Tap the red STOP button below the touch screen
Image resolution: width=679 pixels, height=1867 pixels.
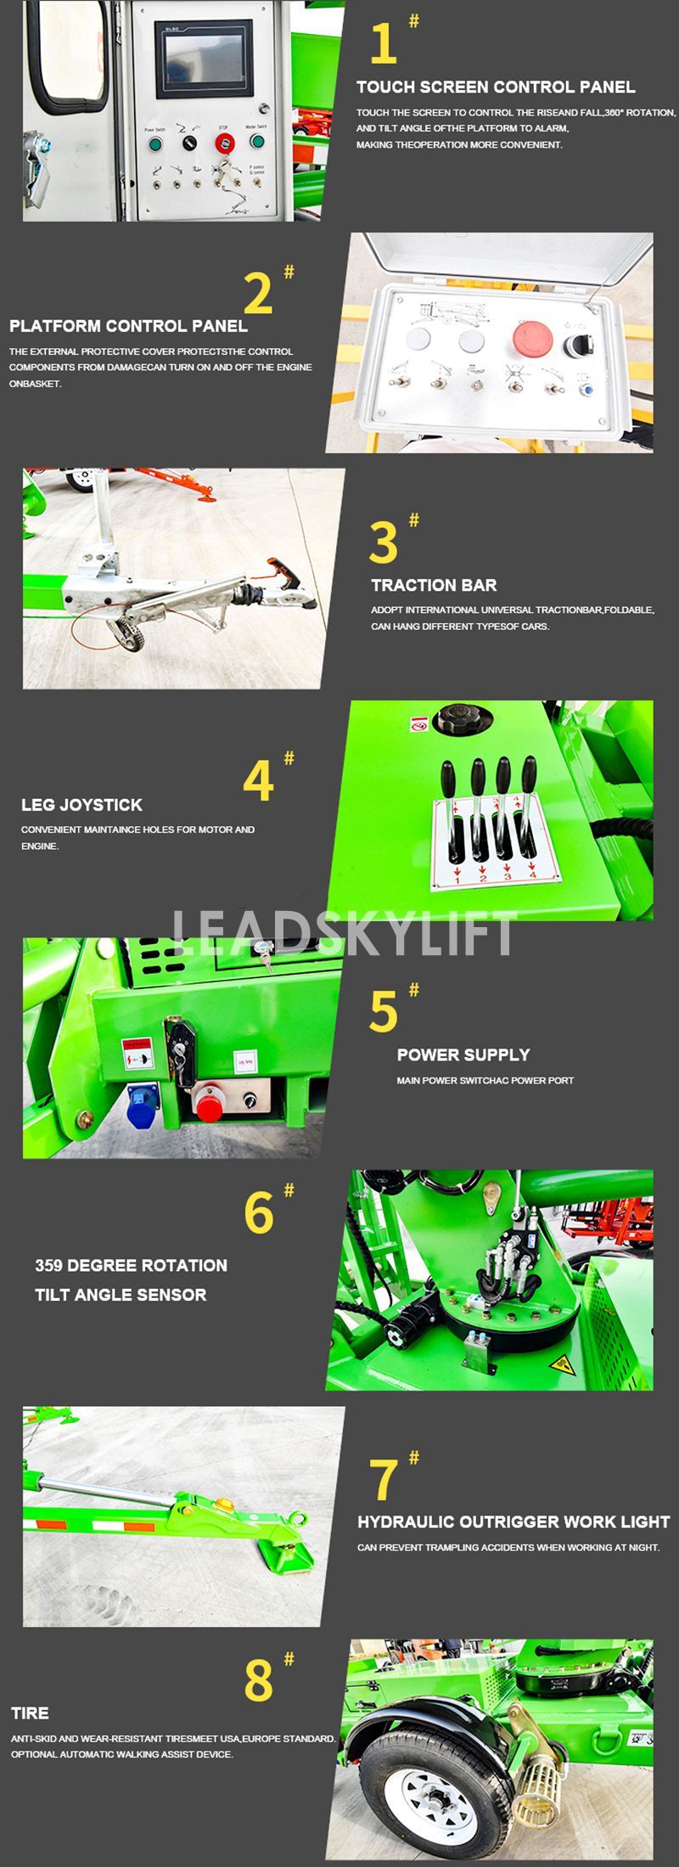coord(224,142)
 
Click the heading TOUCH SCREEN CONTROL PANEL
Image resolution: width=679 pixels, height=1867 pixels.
coord(496,87)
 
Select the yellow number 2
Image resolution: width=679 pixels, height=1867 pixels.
coord(258,293)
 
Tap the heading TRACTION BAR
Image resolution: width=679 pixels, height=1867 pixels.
coord(434,585)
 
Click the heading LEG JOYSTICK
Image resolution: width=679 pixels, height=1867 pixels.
coord(81,805)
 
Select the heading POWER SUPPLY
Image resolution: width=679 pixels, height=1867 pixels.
coord(463,1054)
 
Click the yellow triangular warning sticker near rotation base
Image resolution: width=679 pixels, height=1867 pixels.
coord(560,1365)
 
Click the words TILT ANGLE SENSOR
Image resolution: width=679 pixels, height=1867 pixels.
coord(121,1295)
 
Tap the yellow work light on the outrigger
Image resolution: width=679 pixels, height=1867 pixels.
coord(225,1504)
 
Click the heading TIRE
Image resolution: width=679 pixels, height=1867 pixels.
coord(30,1713)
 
